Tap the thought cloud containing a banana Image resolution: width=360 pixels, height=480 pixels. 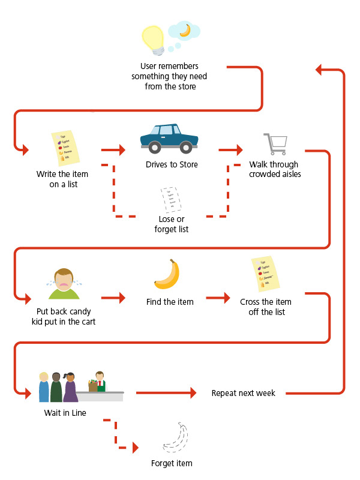tap(184, 30)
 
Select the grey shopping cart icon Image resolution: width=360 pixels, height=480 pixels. tap(275, 144)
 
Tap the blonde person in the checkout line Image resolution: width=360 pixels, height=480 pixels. tap(44, 388)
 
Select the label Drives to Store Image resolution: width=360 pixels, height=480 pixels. tap(171, 164)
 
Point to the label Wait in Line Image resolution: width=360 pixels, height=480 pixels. tap(61, 413)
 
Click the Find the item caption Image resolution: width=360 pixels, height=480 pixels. tap(170, 302)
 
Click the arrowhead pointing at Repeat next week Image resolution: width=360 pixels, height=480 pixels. tap(193, 394)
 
